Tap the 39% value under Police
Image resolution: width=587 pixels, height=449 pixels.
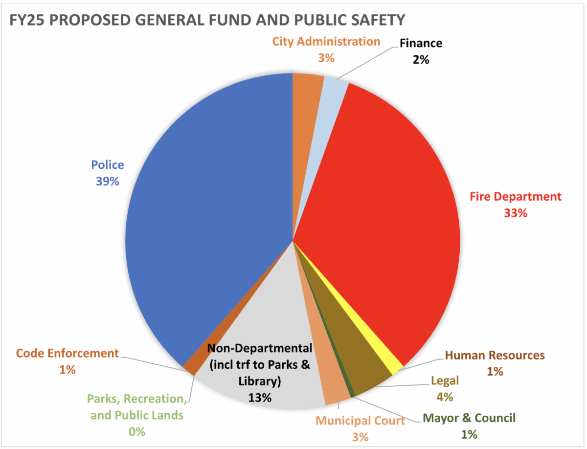[108, 181]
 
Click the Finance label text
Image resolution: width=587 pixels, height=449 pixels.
[421, 43]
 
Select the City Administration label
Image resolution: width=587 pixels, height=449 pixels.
[326, 42]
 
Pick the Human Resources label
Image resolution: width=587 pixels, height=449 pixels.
[495, 355]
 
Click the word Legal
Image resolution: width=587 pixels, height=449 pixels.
[444, 380]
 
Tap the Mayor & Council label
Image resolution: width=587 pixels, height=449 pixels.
[469, 418]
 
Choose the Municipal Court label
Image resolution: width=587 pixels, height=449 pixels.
[360, 421]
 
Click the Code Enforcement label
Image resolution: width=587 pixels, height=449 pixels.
[68, 353]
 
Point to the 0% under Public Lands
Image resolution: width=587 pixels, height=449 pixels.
[137, 431]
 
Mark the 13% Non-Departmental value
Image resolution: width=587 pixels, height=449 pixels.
[259, 397]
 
